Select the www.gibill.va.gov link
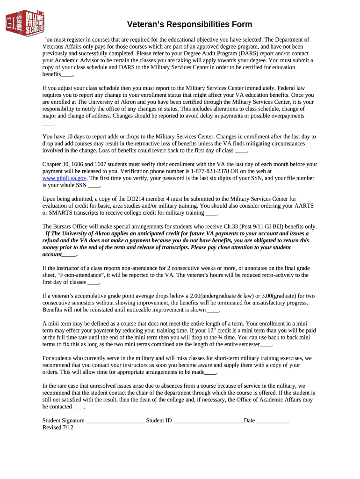coord(65,178)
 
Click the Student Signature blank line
coord(115,421)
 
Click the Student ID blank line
coord(208,421)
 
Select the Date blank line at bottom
coord(273,421)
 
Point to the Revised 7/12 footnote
coord(58,428)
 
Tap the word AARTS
coord(302,206)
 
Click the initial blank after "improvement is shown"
coord(213,310)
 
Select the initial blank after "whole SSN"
coord(94,185)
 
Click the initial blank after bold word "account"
coord(69,254)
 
